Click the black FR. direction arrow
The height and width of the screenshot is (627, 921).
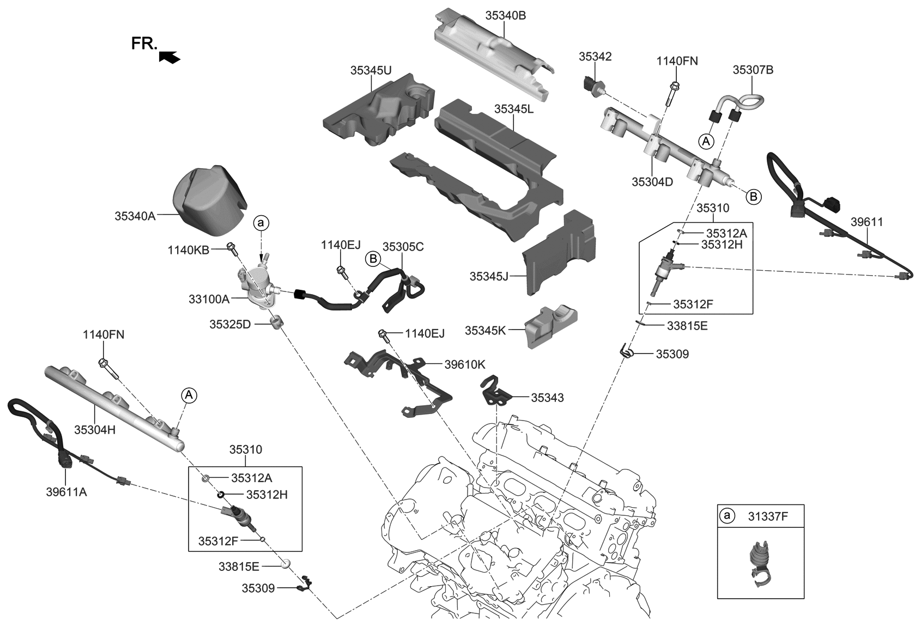pyautogui.click(x=169, y=57)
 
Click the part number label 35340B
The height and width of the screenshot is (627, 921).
pyautogui.click(x=505, y=16)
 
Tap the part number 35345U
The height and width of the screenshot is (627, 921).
pyautogui.click(x=371, y=70)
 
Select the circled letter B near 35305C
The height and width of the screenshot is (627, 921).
pyautogui.click(x=373, y=259)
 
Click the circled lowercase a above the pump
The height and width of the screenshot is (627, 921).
pyautogui.click(x=261, y=222)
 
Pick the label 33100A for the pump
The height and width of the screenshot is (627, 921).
pyautogui.click(x=209, y=299)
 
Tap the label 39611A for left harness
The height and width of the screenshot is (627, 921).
pyautogui.click(x=66, y=492)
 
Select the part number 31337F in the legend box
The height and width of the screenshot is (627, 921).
pyautogui.click(x=769, y=516)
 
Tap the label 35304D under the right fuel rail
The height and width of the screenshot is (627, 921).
pyautogui.click(x=652, y=182)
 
